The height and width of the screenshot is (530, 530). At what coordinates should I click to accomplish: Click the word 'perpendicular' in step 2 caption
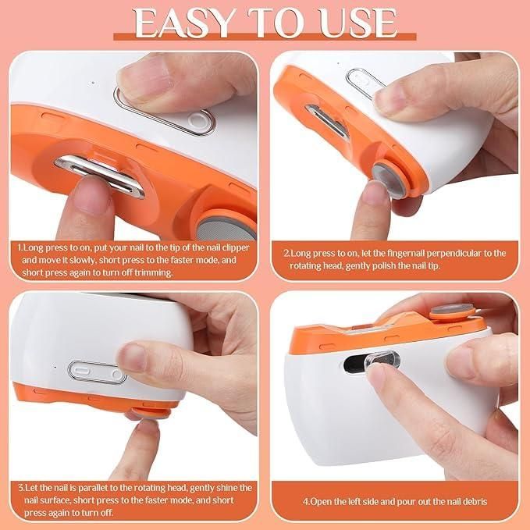point(457,253)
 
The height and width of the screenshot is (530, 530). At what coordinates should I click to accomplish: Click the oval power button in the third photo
point(97,371)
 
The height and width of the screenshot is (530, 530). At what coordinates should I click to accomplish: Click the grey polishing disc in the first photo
point(219,227)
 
